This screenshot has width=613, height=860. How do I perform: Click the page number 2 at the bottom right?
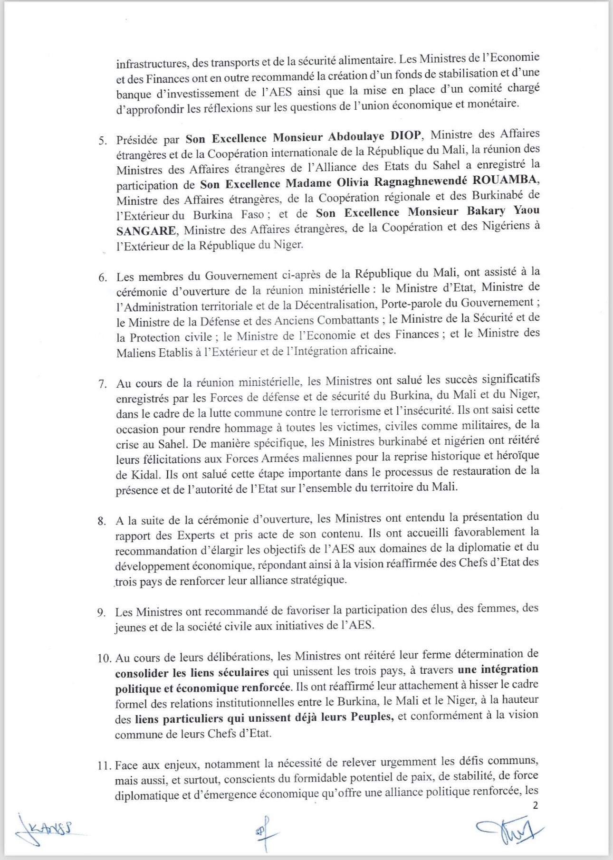tap(536, 805)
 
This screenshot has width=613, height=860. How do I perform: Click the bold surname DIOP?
tap(405, 136)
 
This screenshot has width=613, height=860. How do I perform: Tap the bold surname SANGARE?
tap(146, 231)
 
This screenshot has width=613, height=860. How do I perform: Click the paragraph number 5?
tap(102, 141)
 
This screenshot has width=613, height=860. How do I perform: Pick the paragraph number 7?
tap(102, 384)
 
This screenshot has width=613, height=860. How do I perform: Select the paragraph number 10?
tap(104, 658)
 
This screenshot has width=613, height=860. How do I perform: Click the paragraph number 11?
tap(104, 765)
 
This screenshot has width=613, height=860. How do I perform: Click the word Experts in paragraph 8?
tap(196, 535)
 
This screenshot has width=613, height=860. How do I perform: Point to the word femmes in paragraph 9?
tap(496, 609)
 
